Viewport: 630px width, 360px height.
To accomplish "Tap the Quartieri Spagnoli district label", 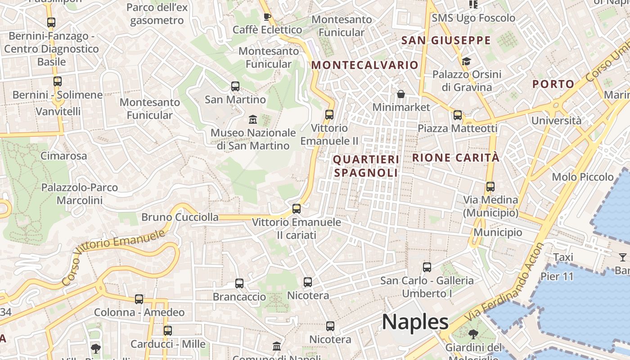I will [366, 166].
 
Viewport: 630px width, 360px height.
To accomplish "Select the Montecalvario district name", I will [365, 65].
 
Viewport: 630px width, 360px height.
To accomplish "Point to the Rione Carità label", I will [456, 157].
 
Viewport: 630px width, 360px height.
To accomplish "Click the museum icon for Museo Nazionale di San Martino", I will [253, 120].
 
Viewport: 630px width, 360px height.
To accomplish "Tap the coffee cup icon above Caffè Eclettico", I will [267, 17].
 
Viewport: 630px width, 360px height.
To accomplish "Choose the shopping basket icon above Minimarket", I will [401, 94].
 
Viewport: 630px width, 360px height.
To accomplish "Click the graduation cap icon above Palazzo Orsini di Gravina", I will [466, 61].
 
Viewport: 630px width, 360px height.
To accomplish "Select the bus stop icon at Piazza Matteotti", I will [458, 115].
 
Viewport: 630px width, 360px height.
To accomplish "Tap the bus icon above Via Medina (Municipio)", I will [490, 186].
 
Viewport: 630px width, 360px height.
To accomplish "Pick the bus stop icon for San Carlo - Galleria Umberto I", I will [427, 267].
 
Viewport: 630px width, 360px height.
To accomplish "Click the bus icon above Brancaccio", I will [239, 283].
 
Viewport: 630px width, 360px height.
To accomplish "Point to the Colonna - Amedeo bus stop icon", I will [139, 299].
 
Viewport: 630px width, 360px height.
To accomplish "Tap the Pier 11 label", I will [557, 276].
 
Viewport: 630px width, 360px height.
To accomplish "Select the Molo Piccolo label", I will [583, 177].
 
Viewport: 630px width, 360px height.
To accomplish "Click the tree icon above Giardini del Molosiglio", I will [473, 334].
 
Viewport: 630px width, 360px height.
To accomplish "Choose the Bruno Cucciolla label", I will [180, 217].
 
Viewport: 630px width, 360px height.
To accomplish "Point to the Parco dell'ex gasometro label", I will [157, 14].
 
